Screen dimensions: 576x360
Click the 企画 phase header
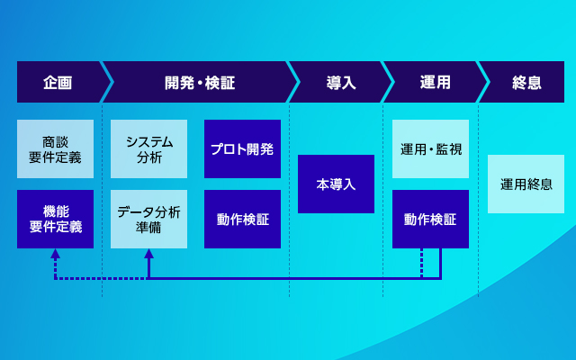tap(58, 82)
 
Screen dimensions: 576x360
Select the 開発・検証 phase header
tap(200, 82)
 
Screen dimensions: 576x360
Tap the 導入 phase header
tap(341, 82)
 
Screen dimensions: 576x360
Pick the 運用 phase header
tap(436, 82)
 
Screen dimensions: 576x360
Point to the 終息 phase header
tap(526, 82)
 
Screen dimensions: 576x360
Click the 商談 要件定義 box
tap(55, 148)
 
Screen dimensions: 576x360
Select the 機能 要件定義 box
tap(55, 219)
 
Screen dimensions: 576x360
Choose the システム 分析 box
tap(148, 148)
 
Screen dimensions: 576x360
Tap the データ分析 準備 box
tap(148, 219)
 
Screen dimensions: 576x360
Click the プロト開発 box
tap(242, 148)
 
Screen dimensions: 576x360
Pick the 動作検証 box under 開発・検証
tap(242, 219)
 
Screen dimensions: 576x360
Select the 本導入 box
tap(336, 184)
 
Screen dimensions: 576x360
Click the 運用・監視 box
tap(430, 148)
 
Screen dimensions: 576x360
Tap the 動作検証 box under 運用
tap(430, 219)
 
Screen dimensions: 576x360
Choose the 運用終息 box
tap(526, 184)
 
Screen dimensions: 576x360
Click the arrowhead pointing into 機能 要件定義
tap(55, 254)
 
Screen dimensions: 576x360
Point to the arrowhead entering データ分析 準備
tap(148, 254)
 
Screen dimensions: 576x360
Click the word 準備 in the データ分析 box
tap(148, 228)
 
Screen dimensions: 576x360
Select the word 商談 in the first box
tap(55, 142)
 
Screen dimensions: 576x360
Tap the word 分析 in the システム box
tap(149, 157)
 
